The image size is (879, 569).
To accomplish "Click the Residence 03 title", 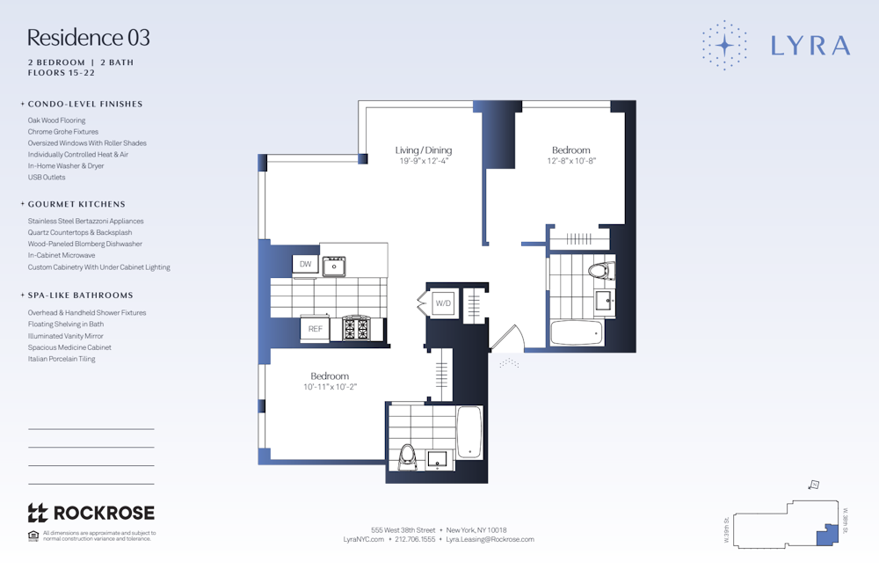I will coord(88,38).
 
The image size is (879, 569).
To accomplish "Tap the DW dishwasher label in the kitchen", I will coord(305,264).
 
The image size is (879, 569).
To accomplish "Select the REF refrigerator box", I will coord(315,329).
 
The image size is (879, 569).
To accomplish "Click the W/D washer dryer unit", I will coord(443,303).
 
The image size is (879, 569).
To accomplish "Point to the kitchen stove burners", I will coord(357,328).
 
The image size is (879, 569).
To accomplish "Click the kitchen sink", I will coord(334,266).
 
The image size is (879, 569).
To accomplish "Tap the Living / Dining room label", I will coord(424,150).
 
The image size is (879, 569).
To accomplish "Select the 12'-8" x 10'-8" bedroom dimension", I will coord(571,162).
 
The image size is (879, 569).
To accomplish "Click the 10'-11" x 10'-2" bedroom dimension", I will coord(330,387).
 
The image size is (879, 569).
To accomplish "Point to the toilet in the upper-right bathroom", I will coord(599,271).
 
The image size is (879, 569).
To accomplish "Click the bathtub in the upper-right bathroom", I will coord(577,333).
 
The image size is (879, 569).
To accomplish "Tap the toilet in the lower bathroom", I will coord(406,455).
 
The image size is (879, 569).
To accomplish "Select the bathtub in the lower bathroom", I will coord(469,431).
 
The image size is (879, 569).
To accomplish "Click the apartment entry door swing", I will coord(508,339).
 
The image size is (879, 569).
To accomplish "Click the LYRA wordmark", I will coord(810,46).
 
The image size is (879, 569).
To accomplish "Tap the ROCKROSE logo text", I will coord(104,513).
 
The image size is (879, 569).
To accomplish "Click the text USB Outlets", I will coord(47,177).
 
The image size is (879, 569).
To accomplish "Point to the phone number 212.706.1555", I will coord(416,539).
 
